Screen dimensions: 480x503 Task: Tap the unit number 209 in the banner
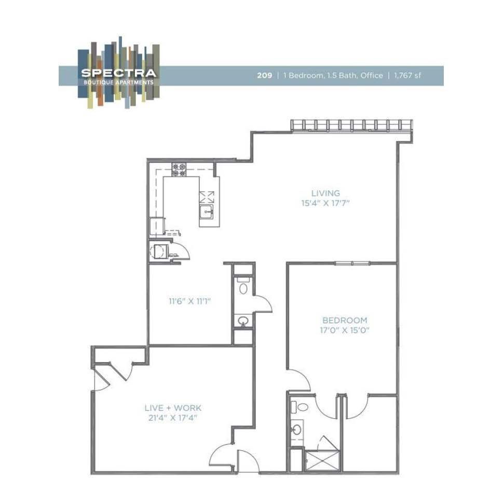(x=264, y=75)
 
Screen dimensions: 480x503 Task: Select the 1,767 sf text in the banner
(x=407, y=75)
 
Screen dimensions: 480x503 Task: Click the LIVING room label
(x=325, y=193)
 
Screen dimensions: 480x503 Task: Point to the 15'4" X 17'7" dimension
(x=325, y=204)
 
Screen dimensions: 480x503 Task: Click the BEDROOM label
(x=345, y=321)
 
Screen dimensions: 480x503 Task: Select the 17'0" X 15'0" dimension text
(x=345, y=330)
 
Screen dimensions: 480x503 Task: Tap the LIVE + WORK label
(x=173, y=408)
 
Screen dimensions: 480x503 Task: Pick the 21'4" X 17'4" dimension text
(x=173, y=418)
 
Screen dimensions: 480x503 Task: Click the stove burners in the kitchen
(x=179, y=170)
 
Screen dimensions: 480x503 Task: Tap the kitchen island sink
(x=207, y=211)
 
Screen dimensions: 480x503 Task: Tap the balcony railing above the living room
(x=352, y=125)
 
